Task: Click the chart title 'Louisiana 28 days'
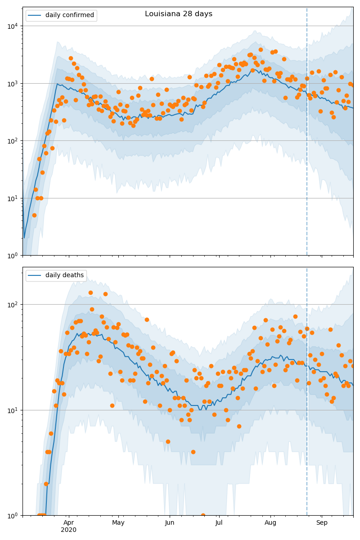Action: click(179, 14)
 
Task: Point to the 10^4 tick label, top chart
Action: click(12, 26)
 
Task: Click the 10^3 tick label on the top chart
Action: click(12, 83)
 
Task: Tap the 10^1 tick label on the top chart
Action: click(12, 198)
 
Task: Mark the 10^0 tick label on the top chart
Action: click(12, 256)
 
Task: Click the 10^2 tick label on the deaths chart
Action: click(12, 304)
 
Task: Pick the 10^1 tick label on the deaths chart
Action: click(12, 410)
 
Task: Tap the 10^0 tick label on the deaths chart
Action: click(12, 516)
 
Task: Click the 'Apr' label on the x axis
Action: click(68, 523)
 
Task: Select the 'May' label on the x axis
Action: click(118, 523)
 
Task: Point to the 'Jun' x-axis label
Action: click(170, 523)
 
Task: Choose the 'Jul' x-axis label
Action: click(219, 523)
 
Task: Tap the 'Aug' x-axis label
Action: click(270, 523)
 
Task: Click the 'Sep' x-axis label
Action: click(322, 523)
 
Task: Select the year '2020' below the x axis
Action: click(68, 530)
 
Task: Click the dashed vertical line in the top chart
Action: click(307, 135)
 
